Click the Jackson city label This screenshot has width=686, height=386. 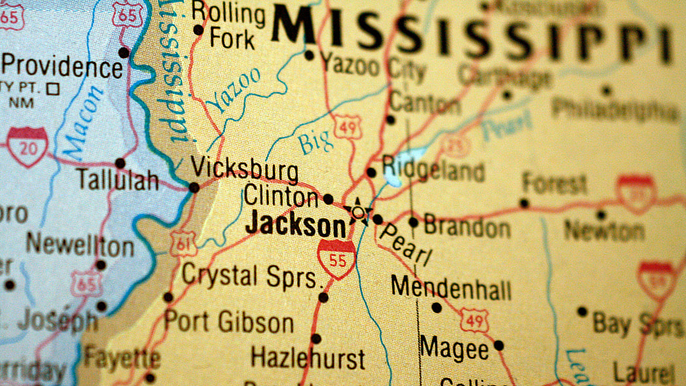(296, 226)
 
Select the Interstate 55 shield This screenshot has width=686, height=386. (337, 258)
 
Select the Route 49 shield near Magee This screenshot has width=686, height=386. (474, 320)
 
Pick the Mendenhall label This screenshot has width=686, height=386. (451, 288)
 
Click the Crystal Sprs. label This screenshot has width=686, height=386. (253, 275)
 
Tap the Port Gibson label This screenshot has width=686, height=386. (228, 322)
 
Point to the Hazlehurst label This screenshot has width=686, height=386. (308, 359)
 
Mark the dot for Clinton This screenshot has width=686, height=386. (328, 199)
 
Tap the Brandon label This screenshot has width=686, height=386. (467, 227)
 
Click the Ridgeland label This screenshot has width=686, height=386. (433, 170)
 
